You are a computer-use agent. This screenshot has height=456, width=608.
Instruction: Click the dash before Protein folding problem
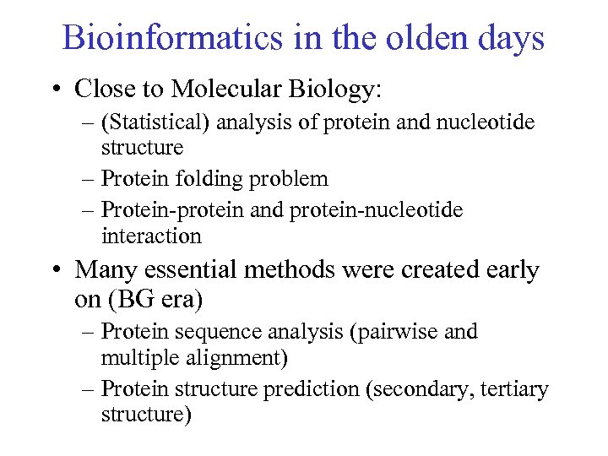coord(90,179)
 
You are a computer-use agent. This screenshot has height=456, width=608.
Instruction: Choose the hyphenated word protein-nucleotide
coord(376,209)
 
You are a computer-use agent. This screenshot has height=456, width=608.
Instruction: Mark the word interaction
coord(151,236)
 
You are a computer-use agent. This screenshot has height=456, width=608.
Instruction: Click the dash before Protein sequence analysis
coord(90,332)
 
